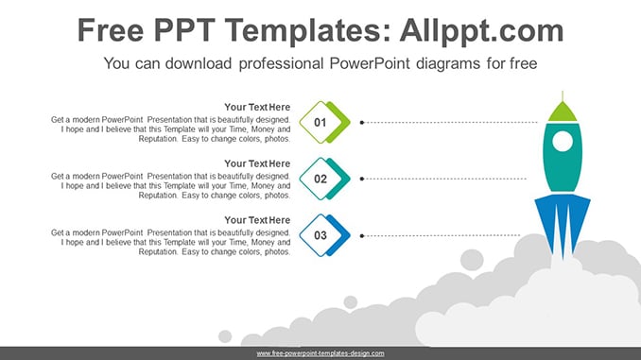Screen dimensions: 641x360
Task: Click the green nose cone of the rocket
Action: (x=563, y=112)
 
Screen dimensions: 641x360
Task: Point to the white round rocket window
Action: (x=563, y=142)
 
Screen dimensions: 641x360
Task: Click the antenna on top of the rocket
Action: (x=563, y=96)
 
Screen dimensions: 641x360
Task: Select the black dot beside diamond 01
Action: (x=362, y=122)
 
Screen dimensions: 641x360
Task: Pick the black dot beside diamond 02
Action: (x=362, y=179)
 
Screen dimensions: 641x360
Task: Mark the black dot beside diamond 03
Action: (x=362, y=236)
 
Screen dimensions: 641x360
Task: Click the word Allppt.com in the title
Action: (x=481, y=30)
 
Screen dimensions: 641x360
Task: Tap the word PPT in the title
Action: (x=184, y=30)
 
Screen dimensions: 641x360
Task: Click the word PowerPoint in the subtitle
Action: (x=370, y=63)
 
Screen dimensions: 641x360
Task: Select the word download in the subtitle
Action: (x=199, y=63)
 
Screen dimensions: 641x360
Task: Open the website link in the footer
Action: (x=320, y=353)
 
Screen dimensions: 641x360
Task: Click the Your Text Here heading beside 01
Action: (x=257, y=107)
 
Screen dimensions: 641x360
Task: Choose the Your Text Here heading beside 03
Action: (x=257, y=220)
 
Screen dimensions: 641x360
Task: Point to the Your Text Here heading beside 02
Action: (x=257, y=163)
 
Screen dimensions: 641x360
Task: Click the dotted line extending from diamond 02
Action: (x=445, y=179)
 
